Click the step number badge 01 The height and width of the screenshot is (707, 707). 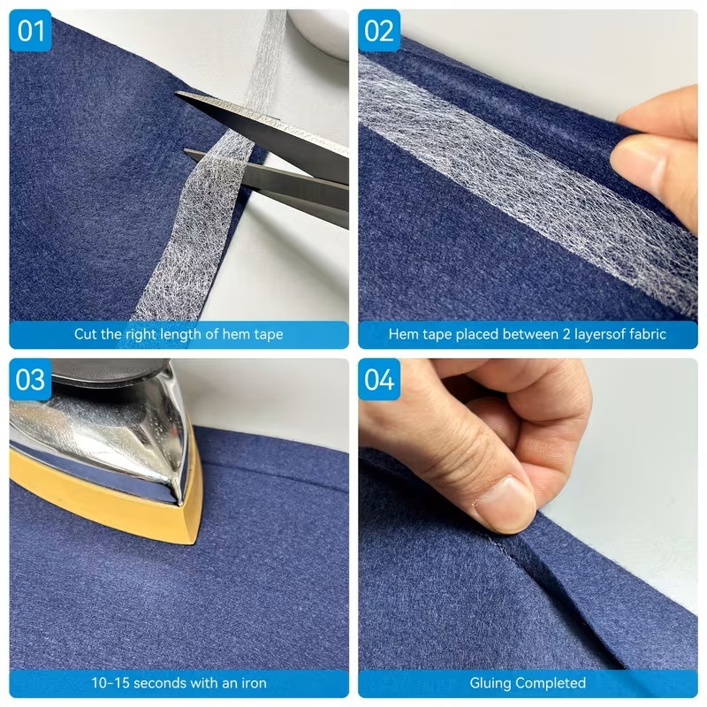click(x=30, y=31)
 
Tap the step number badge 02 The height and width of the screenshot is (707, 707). click(x=379, y=31)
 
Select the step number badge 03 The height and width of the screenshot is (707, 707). click(x=30, y=380)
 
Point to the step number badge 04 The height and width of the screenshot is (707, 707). click(x=379, y=380)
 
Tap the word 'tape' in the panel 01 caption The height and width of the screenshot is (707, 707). click(x=269, y=335)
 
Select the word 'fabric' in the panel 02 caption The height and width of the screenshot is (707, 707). click(x=648, y=334)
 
